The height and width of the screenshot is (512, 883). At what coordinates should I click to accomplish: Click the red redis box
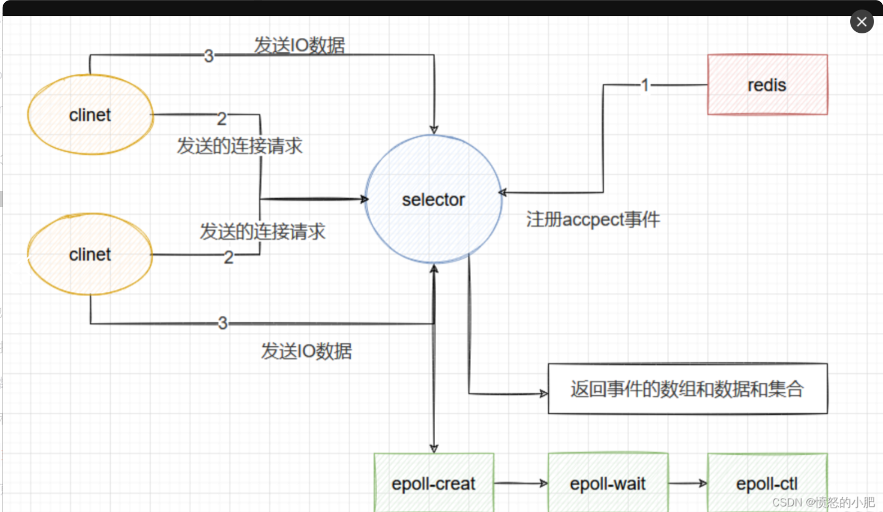pyautogui.click(x=767, y=84)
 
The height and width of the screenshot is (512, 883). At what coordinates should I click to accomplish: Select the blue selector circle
pyautogui.click(x=433, y=199)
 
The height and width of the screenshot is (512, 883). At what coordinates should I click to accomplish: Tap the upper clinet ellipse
pyautogui.click(x=90, y=115)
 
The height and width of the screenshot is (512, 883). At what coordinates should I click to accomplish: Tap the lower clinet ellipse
pyautogui.click(x=90, y=254)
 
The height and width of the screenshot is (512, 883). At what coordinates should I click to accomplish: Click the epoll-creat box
pyautogui.click(x=434, y=483)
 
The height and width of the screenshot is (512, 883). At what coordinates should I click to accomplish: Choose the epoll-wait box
pyautogui.click(x=608, y=483)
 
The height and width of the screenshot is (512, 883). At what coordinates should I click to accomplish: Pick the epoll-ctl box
pyautogui.click(x=767, y=483)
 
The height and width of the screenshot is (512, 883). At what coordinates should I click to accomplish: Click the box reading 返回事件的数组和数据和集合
pyautogui.click(x=687, y=389)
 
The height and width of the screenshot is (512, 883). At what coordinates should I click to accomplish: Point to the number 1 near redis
pyautogui.click(x=645, y=85)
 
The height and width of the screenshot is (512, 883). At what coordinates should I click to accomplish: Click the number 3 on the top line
pyautogui.click(x=209, y=55)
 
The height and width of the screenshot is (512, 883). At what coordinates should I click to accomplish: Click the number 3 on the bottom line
pyautogui.click(x=223, y=323)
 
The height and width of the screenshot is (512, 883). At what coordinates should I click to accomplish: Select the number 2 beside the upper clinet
pyautogui.click(x=222, y=119)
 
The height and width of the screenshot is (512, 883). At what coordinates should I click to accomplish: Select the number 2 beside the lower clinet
pyautogui.click(x=228, y=257)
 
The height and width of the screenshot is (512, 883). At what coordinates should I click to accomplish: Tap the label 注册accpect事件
pyautogui.click(x=593, y=219)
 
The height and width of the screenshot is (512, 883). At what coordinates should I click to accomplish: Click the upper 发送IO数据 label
pyautogui.click(x=300, y=45)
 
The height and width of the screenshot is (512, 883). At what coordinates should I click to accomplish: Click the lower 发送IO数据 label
pyautogui.click(x=306, y=351)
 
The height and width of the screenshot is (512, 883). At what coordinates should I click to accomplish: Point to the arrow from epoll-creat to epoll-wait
pyautogui.click(x=521, y=483)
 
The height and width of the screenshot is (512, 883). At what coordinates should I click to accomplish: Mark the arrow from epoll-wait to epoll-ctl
pyautogui.click(x=687, y=483)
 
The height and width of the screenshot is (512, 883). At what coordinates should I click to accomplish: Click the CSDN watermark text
pyautogui.click(x=823, y=502)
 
